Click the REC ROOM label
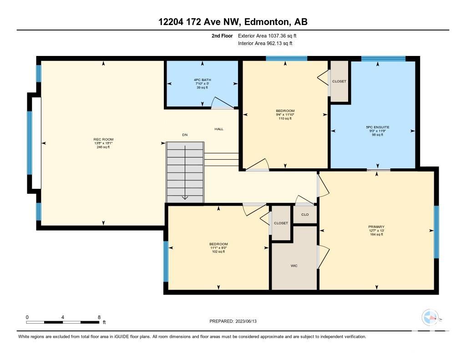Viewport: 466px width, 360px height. [x=103, y=139]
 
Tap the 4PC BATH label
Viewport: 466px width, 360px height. [x=203, y=80]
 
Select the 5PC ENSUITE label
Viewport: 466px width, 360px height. [x=377, y=127]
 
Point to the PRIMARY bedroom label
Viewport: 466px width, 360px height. [x=376, y=227]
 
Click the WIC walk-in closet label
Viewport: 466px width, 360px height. [x=294, y=266]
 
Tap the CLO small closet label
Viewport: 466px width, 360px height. [x=305, y=215]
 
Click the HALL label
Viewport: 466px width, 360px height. [x=219, y=129]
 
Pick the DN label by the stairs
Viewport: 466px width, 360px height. [x=185, y=135]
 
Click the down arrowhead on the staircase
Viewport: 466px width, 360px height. [x=185, y=197]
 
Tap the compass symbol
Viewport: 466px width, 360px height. [x=430, y=318]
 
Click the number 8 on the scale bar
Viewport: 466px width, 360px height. [x=99, y=317]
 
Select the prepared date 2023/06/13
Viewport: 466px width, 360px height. [x=246, y=321]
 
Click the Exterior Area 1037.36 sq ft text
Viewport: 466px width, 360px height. [x=267, y=36]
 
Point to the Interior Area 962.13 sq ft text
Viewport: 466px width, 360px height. [x=265, y=43]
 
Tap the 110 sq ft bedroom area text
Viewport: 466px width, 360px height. [x=285, y=118]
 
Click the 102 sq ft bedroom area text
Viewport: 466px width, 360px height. [x=218, y=252]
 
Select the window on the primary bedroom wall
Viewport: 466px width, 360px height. [x=436, y=232]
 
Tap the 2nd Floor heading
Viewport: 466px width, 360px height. [x=222, y=36]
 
